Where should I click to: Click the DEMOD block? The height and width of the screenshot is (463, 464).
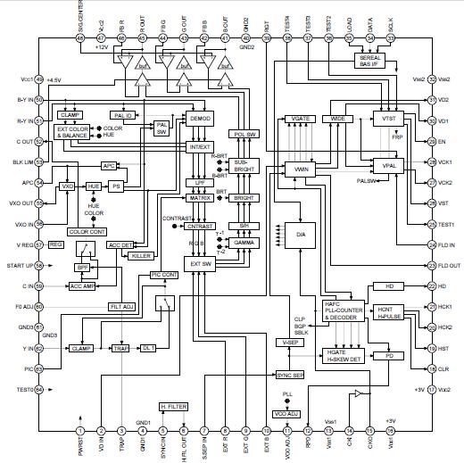(199, 118)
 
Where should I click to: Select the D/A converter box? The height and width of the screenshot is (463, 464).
(300, 234)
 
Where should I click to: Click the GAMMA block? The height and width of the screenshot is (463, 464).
(244, 243)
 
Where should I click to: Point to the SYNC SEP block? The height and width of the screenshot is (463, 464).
(289, 375)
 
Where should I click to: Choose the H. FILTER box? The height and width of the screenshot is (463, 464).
(175, 406)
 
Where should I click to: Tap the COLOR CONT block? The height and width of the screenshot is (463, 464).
(87, 232)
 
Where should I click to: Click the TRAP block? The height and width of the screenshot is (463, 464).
(122, 348)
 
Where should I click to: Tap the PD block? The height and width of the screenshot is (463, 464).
(389, 355)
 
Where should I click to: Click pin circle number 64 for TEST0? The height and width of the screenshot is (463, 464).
(39, 389)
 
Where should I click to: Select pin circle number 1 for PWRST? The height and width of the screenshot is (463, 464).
(80, 431)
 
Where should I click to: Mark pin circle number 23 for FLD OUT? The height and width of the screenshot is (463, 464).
(431, 265)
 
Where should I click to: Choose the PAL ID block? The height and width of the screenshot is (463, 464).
(122, 115)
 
